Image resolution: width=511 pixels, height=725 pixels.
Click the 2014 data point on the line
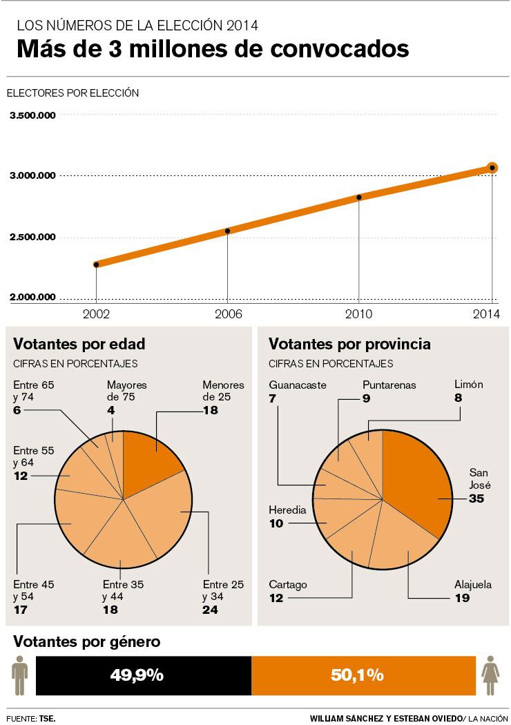tap(492, 168)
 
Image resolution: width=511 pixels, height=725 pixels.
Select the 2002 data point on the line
tap(96, 264)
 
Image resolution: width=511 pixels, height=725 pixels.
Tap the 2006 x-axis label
tap(227, 313)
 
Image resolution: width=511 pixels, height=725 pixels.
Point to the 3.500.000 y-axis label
tap(32, 116)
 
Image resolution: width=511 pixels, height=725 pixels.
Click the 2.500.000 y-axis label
tap(32, 238)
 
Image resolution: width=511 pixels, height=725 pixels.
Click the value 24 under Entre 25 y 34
tap(210, 610)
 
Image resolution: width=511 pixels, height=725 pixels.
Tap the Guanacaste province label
tap(297, 385)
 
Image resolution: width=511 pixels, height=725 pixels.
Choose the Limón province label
tap(468, 385)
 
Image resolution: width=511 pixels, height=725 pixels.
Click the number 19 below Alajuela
tap(462, 598)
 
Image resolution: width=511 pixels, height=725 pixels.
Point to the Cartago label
tap(288, 585)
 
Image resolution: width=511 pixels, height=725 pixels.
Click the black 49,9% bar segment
tap(143, 675)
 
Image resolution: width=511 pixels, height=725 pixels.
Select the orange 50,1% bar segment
tap(363, 675)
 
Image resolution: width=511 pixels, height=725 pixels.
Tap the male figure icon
tap(19, 675)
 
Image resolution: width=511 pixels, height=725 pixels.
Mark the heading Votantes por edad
tap(79, 344)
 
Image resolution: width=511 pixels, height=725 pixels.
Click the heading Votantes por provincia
tap(349, 344)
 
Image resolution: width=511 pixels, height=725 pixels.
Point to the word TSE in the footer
tap(48, 717)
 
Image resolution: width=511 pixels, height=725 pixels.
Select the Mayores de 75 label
tap(126, 391)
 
